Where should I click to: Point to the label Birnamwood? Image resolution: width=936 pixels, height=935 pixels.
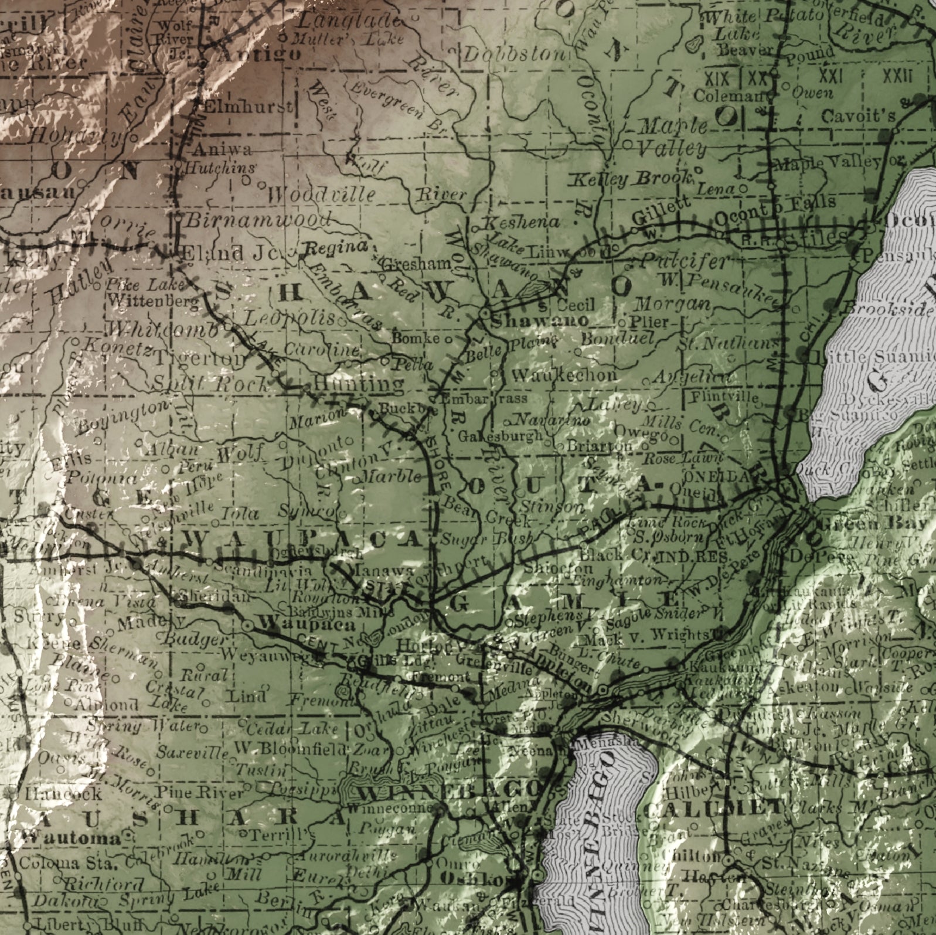click(x=258, y=220)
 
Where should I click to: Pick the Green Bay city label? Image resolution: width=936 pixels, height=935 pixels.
click(x=881, y=523)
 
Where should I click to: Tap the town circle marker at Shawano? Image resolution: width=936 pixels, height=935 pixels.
click(x=485, y=315)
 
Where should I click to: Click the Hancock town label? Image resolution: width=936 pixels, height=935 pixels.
click(x=55, y=794)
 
